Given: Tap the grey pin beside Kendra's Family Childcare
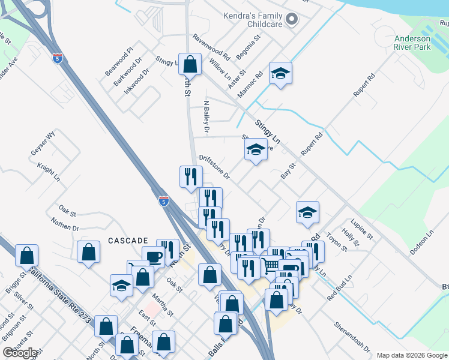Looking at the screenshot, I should coord(292,19).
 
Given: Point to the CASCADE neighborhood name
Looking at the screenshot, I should coord(128,240).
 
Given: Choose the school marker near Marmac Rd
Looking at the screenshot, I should coord(280,73).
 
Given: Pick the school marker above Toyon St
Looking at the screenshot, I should coord(307,212).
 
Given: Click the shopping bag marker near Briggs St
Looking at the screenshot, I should coord(27,256).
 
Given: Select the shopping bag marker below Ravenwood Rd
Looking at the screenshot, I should coord(190,64).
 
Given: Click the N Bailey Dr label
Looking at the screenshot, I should coord(206,116).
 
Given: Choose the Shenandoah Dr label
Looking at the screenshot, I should coord(349,337).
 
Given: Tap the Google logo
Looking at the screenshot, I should coord(20,353).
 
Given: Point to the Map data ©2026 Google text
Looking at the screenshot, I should coord(411,355).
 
